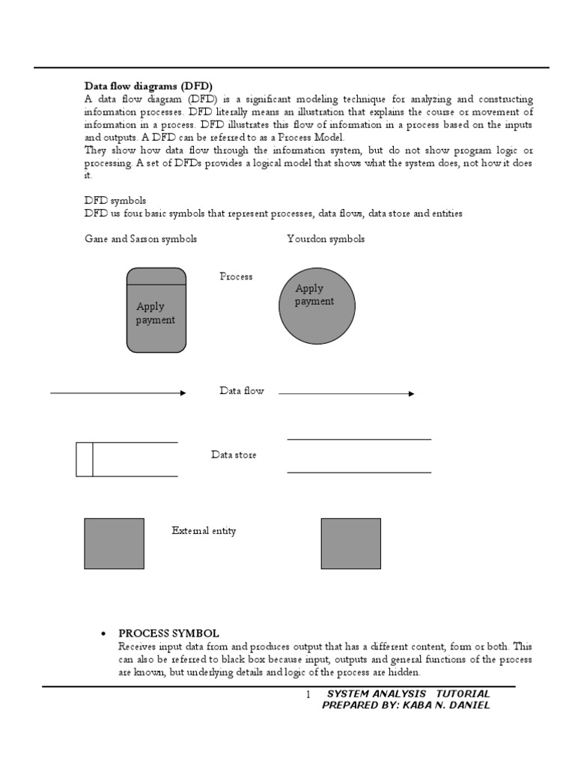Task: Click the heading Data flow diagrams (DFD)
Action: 153,86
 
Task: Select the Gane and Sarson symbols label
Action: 141,239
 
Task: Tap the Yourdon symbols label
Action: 326,239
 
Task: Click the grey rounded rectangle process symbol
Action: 156,310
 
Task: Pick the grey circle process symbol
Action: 317,305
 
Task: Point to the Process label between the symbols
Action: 236,276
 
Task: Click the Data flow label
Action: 241,391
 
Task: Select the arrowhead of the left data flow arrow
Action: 183,392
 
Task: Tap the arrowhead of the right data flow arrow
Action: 411,393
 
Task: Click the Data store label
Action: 234,455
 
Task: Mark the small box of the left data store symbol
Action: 85,459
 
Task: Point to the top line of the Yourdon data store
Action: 359,439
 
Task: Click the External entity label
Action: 204,531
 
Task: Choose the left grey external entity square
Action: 114,543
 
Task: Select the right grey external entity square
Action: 350,543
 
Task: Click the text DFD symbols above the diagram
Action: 115,201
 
